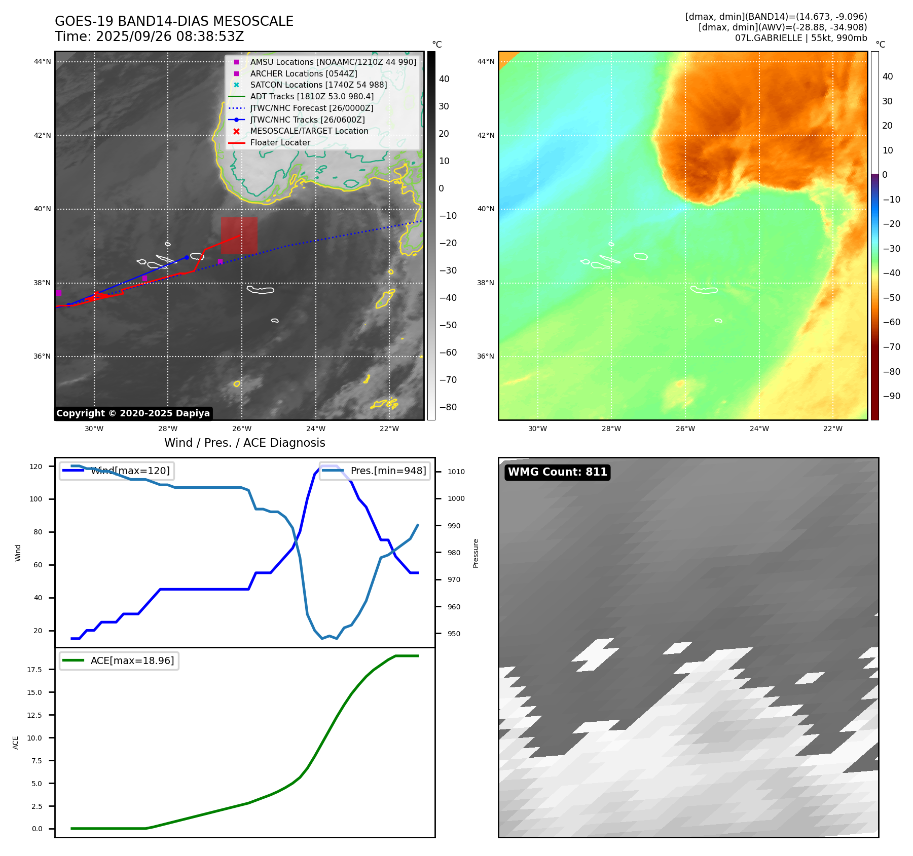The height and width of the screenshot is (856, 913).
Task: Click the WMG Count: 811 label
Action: (557, 472)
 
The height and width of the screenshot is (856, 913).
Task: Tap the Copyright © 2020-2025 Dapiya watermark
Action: (133, 413)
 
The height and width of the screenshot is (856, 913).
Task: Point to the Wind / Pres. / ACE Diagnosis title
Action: (244, 443)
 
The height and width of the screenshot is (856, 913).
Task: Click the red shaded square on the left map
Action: (239, 236)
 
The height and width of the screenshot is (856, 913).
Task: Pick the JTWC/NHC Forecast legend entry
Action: (311, 108)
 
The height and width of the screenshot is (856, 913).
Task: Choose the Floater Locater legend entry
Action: (280, 142)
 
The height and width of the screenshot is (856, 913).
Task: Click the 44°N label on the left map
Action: (43, 62)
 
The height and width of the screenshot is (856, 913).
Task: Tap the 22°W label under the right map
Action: (832, 429)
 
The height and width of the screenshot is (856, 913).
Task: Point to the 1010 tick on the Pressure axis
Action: (456, 472)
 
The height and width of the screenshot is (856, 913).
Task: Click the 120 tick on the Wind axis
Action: (36, 466)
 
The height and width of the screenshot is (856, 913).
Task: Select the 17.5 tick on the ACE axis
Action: (34, 670)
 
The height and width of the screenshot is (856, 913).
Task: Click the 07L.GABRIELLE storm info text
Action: (800, 38)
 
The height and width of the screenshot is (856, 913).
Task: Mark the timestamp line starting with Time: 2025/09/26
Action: (150, 36)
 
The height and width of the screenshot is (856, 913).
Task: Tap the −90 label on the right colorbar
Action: (891, 396)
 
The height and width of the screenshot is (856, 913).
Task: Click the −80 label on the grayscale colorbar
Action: (448, 407)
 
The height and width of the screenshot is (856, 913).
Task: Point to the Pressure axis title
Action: (476, 553)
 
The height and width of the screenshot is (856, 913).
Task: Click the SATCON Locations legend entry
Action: (318, 85)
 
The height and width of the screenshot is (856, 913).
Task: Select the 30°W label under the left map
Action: (94, 429)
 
